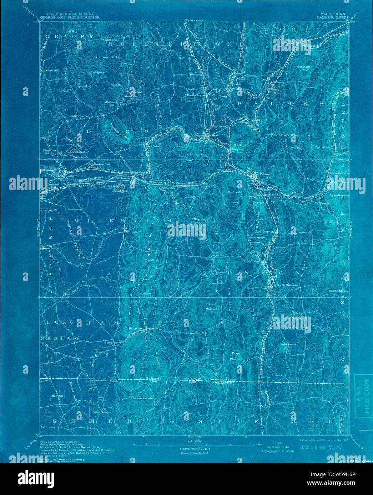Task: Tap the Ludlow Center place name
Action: click(79, 116)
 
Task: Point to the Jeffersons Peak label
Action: click(109, 104)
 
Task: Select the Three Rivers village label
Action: click(193, 136)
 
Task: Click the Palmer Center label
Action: click(280, 135)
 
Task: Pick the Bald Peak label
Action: click(235, 192)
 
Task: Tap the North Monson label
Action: click(264, 231)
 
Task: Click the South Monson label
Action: click(287, 285)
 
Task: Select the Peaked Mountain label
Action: click(236, 356)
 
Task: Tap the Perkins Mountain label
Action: click(143, 398)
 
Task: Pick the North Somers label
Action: click(102, 412)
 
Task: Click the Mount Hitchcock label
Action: click(338, 291)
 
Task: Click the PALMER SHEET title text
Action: click(328, 17)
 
